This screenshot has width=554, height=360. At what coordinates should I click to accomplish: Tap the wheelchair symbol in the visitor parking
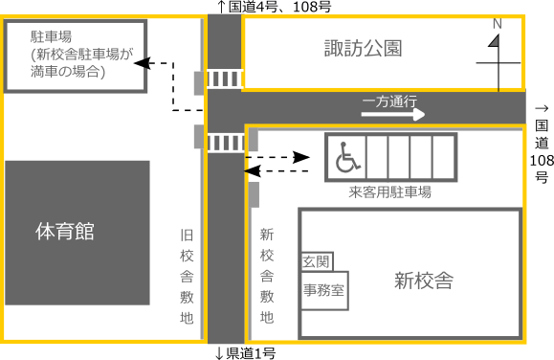pos(343,157)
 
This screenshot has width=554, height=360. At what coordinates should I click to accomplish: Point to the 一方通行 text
pos(389,101)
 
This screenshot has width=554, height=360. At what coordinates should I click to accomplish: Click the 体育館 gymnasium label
pos(64,231)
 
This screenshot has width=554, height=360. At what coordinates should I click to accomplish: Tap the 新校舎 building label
pos(423,281)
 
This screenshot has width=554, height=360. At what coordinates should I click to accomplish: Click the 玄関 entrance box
pos(316,261)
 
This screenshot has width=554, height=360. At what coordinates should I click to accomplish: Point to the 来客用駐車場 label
pos(389,192)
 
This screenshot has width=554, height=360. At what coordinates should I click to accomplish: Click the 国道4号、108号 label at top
pos(275,8)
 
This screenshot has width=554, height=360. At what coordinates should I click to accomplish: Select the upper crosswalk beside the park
pos(224,78)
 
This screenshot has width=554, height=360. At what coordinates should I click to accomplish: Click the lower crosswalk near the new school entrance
pos(225,143)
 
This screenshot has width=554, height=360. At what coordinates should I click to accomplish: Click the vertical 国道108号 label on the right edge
pos(541,144)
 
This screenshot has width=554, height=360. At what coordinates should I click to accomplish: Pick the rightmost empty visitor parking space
pos(444,157)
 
